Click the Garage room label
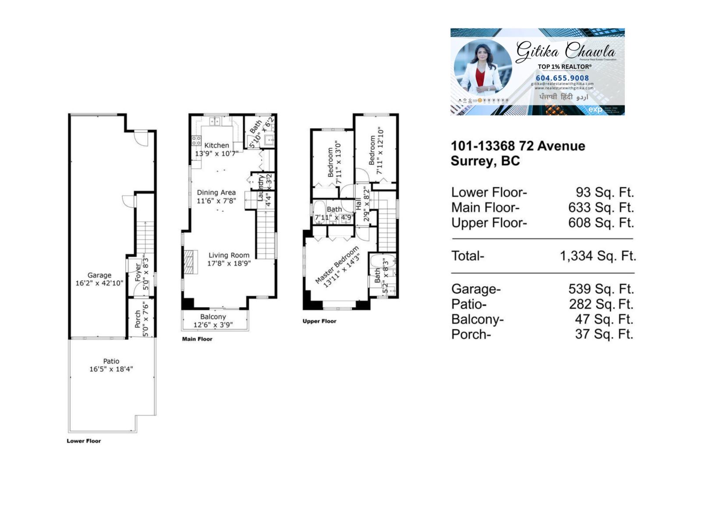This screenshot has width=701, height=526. click(x=99, y=275)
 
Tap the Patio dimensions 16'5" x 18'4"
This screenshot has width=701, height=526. click(x=111, y=369)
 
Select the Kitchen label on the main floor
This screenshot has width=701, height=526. click(x=216, y=145)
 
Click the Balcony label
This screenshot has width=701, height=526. click(x=213, y=316)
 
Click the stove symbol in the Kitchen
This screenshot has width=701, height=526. click(x=196, y=141)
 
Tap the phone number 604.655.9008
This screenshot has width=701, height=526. click(x=562, y=78)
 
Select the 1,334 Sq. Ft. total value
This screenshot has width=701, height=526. click(x=598, y=256)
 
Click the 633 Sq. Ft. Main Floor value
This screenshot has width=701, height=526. click(x=601, y=207)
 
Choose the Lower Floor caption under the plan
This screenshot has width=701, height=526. click(x=84, y=441)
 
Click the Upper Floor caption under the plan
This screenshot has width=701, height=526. click(x=319, y=321)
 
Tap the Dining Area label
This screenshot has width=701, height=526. click(x=216, y=192)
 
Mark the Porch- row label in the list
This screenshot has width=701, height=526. click(x=471, y=334)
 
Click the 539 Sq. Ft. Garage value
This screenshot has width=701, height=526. click(x=601, y=289)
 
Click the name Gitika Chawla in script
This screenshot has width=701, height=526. click(x=566, y=51)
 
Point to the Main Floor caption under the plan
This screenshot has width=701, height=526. click(x=197, y=339)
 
